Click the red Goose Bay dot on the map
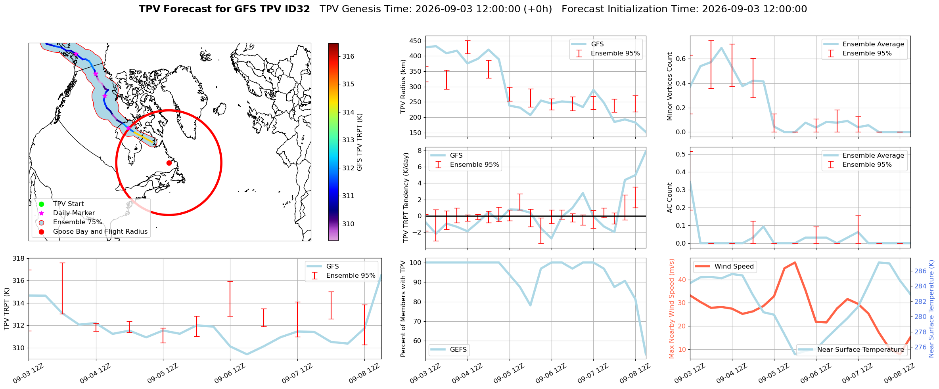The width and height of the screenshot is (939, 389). (x=169, y=163)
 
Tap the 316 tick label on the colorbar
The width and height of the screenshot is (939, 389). (x=348, y=56)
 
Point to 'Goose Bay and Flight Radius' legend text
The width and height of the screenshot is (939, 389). (x=100, y=231)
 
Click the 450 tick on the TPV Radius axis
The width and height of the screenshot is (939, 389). (x=415, y=41)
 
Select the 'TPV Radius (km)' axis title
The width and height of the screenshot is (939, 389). (x=403, y=86)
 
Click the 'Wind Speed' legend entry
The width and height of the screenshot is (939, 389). (x=725, y=267)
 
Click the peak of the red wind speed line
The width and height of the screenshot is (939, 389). (x=795, y=262)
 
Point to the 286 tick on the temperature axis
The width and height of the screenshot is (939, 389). (x=920, y=271)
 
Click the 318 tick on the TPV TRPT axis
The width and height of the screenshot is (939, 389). (x=19, y=259)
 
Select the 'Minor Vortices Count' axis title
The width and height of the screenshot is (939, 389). (x=670, y=86)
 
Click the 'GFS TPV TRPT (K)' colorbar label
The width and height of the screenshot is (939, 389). (x=360, y=142)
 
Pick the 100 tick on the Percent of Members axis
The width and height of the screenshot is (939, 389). (x=415, y=263)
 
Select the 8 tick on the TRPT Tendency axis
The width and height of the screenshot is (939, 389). (x=419, y=151)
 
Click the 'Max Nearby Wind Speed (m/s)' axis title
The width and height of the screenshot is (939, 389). (x=671, y=309)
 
